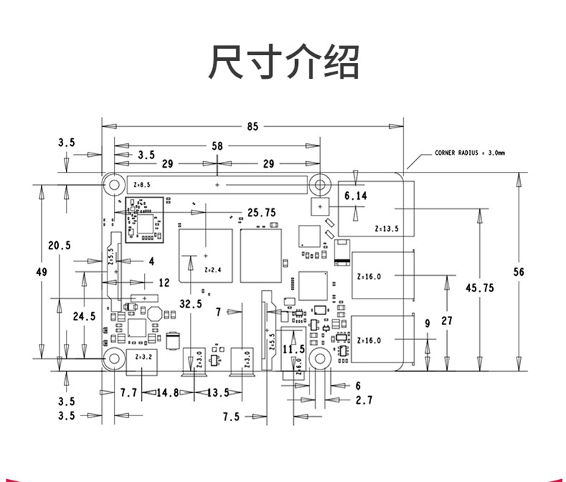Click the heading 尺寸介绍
coord(283,62)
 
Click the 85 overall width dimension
coord(252,126)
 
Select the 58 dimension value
coord(217,145)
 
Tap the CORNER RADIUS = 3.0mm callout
coord(469,153)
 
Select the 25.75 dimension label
coord(262,212)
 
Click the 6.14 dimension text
coord(356,195)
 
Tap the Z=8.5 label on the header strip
coord(142,185)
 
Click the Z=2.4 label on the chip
coord(214,270)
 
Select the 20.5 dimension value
coord(59,245)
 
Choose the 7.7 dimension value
coord(129,392)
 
